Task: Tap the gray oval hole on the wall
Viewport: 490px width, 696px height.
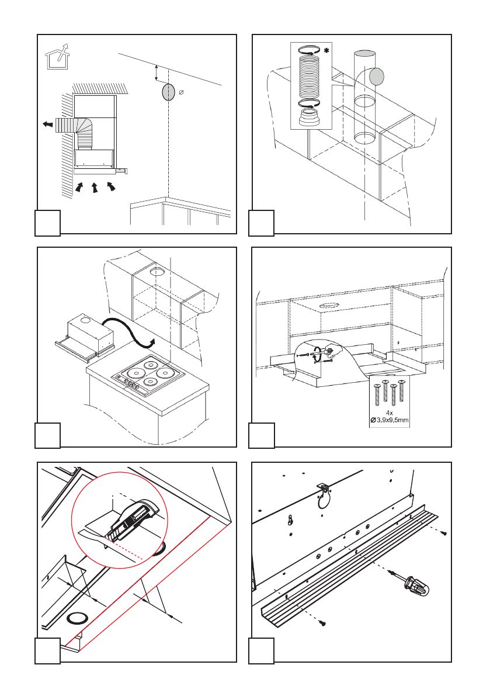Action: pos(168,92)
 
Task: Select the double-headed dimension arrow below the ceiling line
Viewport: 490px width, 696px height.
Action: pos(156,74)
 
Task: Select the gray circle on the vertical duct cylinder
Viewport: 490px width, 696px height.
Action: pos(377,76)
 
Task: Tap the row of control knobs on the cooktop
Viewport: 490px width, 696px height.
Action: pos(131,383)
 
